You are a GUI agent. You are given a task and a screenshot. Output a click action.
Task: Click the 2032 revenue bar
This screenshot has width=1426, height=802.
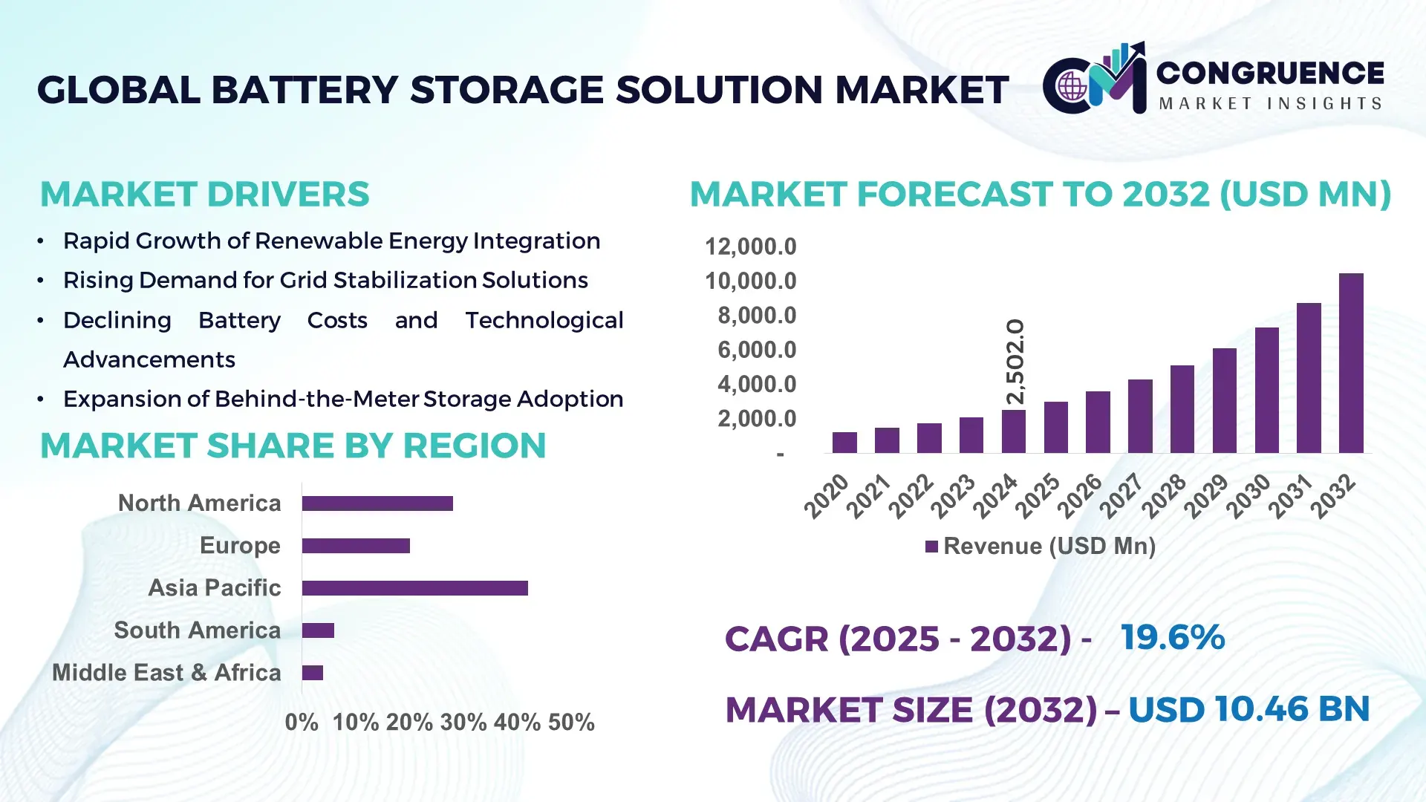tap(1351, 363)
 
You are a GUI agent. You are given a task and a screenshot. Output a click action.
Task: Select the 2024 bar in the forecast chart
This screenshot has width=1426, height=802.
tap(1013, 431)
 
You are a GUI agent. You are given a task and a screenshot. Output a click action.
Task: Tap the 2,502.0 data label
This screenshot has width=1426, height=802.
tap(1015, 362)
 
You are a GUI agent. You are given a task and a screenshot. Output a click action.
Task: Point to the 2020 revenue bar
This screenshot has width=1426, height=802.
tap(844, 443)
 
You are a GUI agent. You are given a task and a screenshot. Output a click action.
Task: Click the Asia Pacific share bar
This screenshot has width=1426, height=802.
tap(414, 588)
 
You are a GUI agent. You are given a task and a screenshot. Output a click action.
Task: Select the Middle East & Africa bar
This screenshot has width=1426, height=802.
tap(313, 673)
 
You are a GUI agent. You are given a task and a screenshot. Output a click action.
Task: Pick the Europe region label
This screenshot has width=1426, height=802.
tap(240, 545)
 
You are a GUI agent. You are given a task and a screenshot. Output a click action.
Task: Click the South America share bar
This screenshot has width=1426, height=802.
tap(318, 630)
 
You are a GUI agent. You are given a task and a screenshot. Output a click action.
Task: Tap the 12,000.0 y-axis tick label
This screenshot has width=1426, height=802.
tap(750, 247)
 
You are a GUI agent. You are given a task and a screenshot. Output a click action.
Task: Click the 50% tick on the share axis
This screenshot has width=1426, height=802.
tap(571, 722)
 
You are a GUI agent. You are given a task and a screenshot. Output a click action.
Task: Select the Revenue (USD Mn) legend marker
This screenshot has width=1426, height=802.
tap(931, 547)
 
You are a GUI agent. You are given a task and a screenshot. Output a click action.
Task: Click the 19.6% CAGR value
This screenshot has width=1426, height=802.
tap(1172, 637)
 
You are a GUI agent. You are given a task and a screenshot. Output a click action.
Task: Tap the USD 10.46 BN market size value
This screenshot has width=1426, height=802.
tap(1248, 709)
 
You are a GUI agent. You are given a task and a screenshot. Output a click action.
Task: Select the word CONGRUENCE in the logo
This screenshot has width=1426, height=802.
tap(1270, 73)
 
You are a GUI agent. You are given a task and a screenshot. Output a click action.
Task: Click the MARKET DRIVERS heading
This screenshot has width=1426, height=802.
tap(204, 195)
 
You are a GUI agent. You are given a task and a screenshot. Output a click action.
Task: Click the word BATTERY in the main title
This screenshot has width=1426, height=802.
tap(305, 90)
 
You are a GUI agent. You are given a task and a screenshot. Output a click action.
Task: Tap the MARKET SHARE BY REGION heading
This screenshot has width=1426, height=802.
tap(293, 446)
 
